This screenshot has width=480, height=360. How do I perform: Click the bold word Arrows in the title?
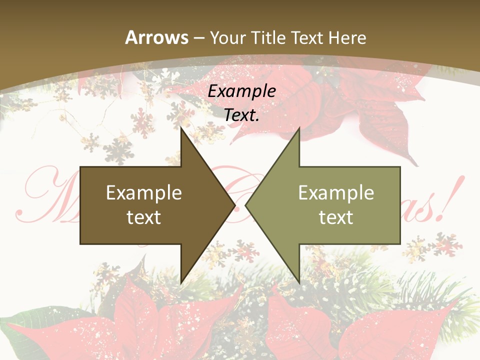coord(156,37)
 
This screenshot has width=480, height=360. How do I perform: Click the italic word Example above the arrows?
coord(242,91)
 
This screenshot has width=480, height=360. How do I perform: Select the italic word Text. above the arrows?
coord(242,115)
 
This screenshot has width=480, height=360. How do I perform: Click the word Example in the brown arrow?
coord(144,193)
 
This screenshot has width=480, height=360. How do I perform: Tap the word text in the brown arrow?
coord(144,217)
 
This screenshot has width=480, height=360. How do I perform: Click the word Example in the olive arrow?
coord(336,193)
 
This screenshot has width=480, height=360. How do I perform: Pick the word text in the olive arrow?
coord(336,217)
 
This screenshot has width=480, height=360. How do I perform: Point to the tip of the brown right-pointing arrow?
coord(235,205)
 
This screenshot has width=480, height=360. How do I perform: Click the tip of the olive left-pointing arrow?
coord(245,205)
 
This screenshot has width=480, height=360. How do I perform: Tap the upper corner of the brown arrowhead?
coord(181,128)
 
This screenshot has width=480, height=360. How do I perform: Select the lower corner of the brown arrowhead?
coord(181,282)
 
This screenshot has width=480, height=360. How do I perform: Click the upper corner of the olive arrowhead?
coord(299,128)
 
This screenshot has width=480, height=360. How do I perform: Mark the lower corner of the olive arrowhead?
coord(299,282)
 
